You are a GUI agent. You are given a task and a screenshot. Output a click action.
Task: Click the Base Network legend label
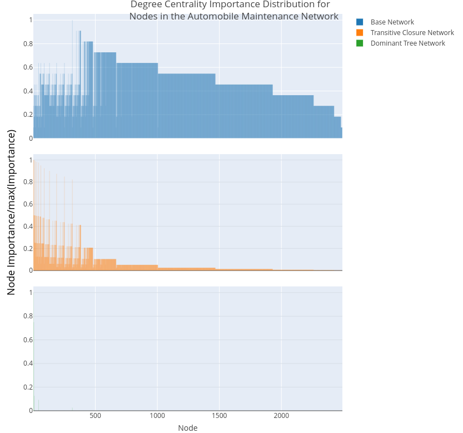click(392, 22)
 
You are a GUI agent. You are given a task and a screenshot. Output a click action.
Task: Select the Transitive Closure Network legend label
click(412, 33)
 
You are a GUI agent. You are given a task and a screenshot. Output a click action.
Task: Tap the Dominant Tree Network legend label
click(407, 43)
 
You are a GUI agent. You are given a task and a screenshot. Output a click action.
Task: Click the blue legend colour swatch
click(360, 22)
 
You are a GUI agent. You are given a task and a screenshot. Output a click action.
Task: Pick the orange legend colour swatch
click(360, 33)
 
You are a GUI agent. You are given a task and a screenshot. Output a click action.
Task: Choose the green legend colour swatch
click(360, 43)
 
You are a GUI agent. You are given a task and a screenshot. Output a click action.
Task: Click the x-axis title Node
click(187, 428)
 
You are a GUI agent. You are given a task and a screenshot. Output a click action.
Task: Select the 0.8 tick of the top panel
click(27, 44)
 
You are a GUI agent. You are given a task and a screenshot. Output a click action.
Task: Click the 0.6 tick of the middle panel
click(27, 204)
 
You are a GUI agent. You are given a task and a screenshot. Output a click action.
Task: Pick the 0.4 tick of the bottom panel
click(27, 363)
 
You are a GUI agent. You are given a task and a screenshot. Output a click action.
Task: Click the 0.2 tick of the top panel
click(27, 115)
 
